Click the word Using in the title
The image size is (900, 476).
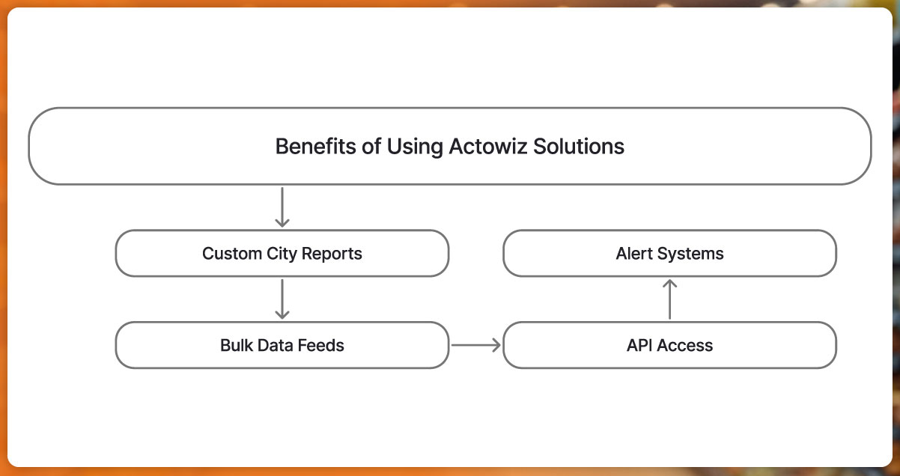[x=415, y=147]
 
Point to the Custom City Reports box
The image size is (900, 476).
[x=282, y=254]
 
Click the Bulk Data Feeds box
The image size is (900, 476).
[x=282, y=345]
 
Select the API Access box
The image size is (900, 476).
[x=669, y=345]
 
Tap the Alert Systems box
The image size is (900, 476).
[x=669, y=254]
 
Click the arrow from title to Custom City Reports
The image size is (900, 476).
[x=282, y=207]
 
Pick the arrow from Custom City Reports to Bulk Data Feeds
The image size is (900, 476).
[x=282, y=299]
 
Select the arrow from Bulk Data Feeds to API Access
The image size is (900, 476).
[x=475, y=345]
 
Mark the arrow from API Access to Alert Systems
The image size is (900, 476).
[x=670, y=299]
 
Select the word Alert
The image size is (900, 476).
[x=634, y=254]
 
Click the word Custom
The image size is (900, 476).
[x=229, y=254]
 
